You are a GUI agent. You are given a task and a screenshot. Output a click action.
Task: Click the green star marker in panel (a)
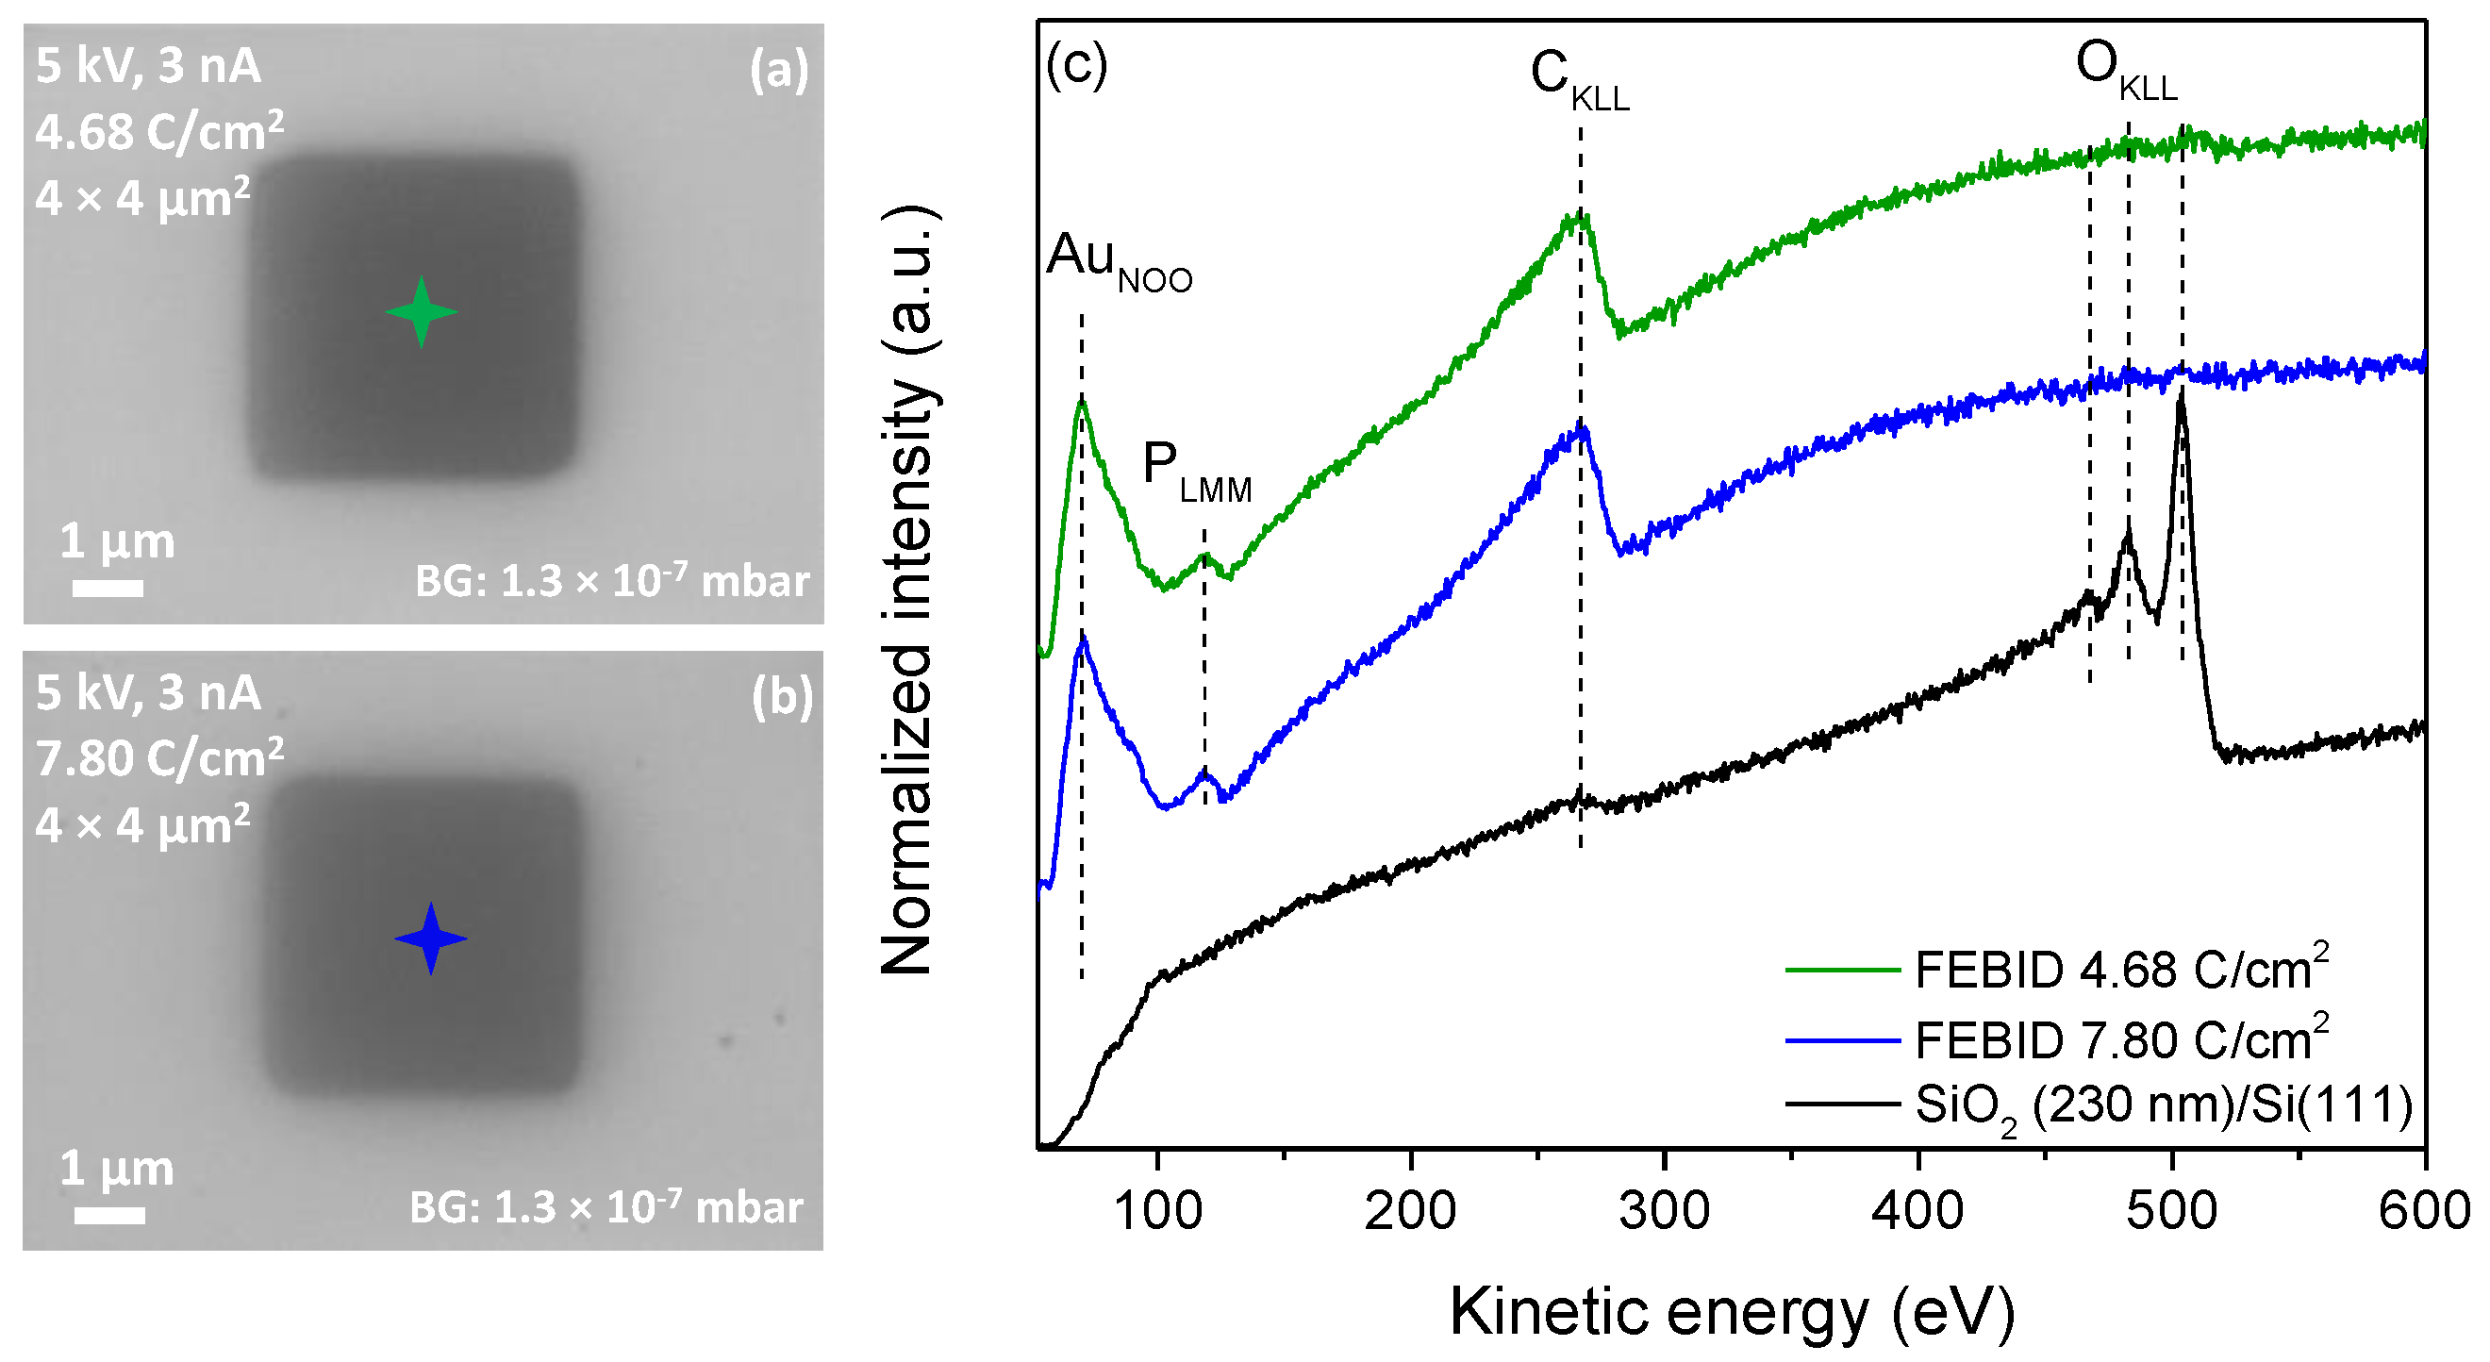tap(421, 311)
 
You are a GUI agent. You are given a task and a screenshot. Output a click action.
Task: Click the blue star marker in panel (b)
tap(431, 938)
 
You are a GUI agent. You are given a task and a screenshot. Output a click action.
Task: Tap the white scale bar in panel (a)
tap(108, 588)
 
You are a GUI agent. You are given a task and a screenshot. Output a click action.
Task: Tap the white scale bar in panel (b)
tap(110, 1215)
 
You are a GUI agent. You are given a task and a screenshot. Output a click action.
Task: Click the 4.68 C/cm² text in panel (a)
tap(159, 131)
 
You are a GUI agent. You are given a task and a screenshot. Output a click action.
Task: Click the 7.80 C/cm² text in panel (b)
tap(159, 757)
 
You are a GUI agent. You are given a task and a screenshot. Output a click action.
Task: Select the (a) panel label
tap(779, 71)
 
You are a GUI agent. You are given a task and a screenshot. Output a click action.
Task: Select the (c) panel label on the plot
tap(1076, 66)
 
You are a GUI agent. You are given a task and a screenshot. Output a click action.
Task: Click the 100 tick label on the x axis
tap(1157, 1211)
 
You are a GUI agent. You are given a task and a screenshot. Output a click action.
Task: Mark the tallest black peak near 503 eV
tap(2181, 398)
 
